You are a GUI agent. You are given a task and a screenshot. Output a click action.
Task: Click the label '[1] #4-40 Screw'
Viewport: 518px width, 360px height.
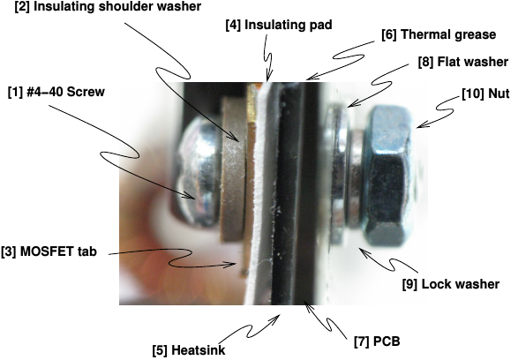click(x=56, y=92)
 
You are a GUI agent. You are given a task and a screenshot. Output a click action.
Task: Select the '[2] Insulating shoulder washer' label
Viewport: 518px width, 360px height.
click(x=108, y=6)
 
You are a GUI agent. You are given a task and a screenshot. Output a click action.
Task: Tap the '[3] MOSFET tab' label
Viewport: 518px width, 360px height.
click(x=49, y=251)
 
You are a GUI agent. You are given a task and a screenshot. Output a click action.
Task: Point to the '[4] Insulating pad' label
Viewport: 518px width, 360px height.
click(x=279, y=25)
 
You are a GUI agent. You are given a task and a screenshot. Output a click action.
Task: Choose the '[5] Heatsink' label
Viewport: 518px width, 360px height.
click(x=189, y=350)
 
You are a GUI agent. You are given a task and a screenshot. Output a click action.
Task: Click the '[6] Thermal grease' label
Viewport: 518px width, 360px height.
click(x=439, y=34)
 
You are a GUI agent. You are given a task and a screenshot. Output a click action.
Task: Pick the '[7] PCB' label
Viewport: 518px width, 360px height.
click(x=377, y=341)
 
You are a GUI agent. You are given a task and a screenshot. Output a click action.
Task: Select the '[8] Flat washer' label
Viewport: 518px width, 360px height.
click(x=463, y=62)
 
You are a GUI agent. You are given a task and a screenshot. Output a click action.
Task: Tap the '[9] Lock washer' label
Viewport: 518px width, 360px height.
click(x=451, y=284)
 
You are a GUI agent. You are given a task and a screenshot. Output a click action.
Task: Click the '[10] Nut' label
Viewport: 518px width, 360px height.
click(x=485, y=94)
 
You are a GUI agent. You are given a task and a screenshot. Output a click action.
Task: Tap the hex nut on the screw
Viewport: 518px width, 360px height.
click(x=387, y=176)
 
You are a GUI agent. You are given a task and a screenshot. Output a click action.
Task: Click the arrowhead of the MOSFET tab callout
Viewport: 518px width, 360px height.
click(x=234, y=264)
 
